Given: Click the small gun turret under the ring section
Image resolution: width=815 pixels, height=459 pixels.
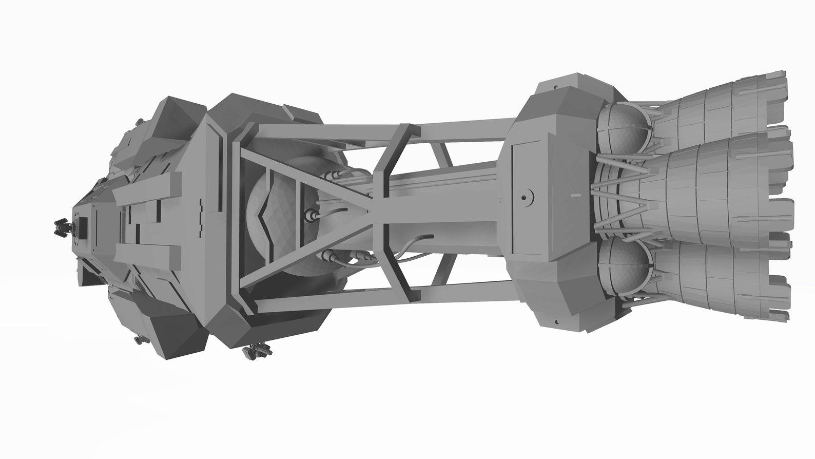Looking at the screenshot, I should [257, 351].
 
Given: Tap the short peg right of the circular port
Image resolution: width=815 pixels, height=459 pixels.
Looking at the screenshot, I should [575, 196].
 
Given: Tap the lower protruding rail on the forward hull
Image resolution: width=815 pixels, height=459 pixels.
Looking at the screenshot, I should [149, 253].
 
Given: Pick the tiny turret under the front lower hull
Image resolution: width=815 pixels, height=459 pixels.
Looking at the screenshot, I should [138, 340].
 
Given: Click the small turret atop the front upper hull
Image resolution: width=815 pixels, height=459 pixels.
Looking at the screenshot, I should [139, 122].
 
